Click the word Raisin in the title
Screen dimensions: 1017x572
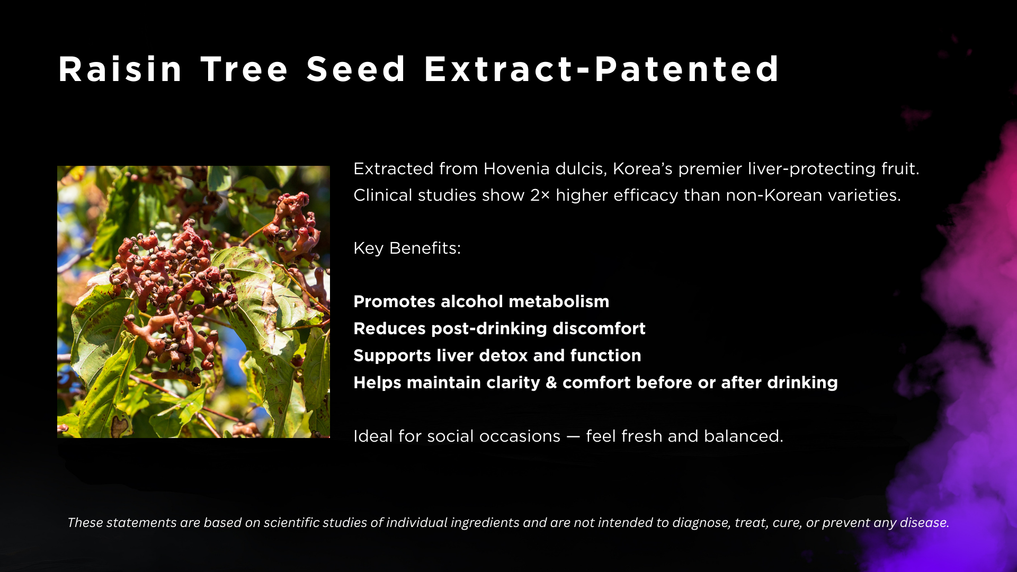coord(120,69)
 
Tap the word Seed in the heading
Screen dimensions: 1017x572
coord(356,69)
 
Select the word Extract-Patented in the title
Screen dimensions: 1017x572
coord(602,69)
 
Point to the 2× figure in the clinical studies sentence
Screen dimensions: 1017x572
coord(540,195)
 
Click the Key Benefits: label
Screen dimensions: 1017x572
coord(407,248)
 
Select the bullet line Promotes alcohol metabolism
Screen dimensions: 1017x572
coord(481,301)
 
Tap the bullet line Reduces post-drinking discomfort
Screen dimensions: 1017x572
coord(499,328)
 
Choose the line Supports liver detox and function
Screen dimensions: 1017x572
coord(497,355)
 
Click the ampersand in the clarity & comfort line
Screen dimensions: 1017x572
coord(551,382)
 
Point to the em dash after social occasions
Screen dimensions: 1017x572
coord(573,436)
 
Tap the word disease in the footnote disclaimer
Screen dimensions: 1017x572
coord(924,523)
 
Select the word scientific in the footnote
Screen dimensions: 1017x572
coord(291,523)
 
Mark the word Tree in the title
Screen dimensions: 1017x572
coord(244,69)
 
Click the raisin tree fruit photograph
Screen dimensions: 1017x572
coord(193,302)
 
